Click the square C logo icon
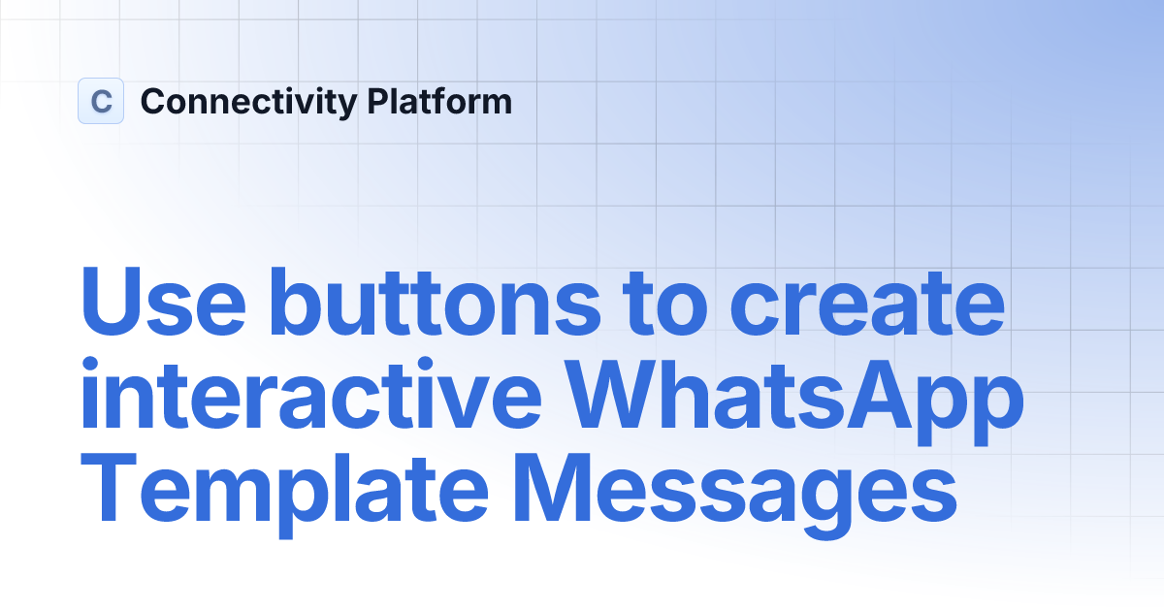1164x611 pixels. pos(101,101)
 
